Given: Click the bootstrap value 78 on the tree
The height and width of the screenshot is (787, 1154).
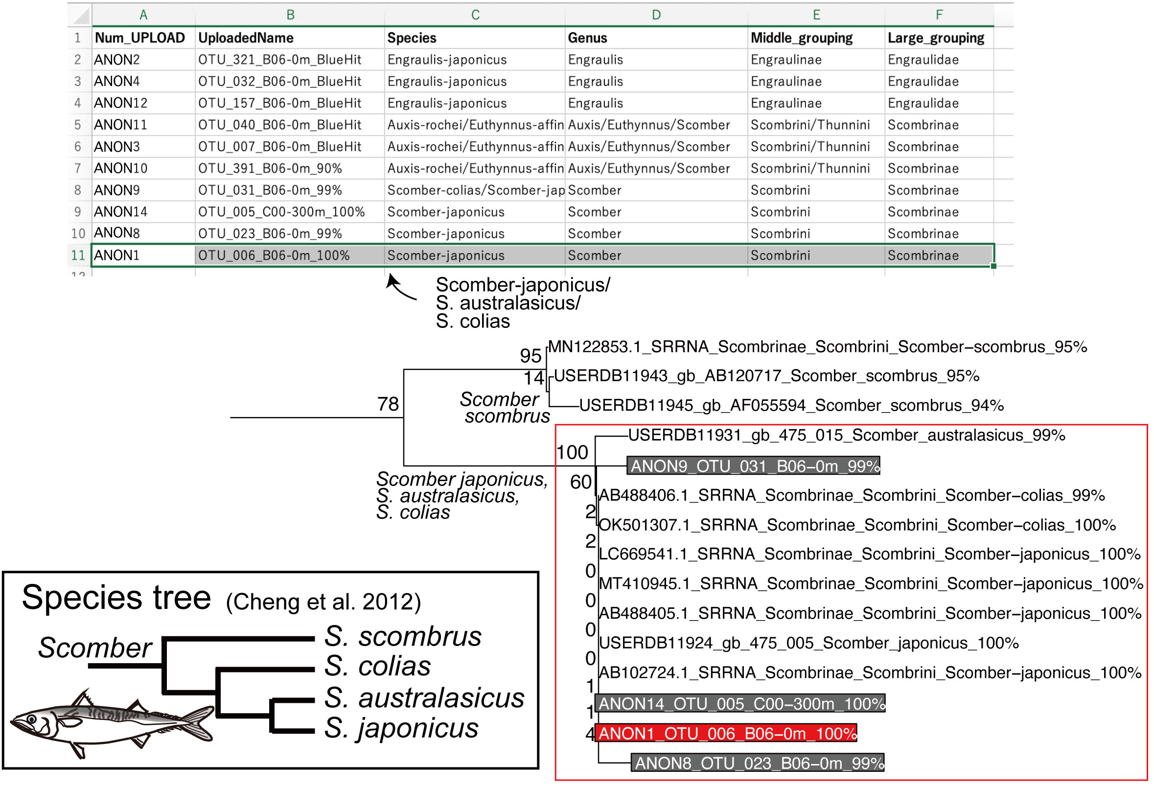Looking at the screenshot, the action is click(388, 404).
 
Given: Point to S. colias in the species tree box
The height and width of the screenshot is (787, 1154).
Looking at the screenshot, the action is click(378, 667).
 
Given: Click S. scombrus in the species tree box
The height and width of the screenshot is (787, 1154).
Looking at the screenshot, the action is click(403, 637).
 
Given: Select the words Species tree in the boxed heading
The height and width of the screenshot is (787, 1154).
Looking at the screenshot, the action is click(116, 598).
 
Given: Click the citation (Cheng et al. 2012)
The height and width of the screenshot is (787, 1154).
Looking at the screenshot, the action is click(324, 602).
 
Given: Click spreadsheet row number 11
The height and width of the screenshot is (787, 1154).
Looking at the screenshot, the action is click(78, 255).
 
